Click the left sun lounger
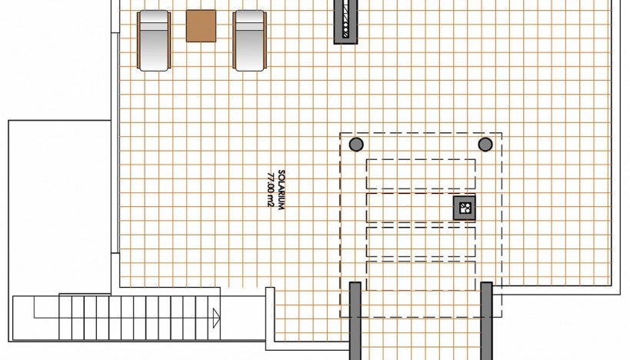click(154, 41)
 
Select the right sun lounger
click(249, 41)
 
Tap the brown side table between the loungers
click(201, 25)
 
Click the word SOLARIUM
click(282, 190)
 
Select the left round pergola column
click(356, 144)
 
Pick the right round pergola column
click(485, 144)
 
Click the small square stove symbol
click(465, 208)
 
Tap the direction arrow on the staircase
click(217, 318)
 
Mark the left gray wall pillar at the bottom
click(355, 321)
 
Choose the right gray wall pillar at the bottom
click(487, 321)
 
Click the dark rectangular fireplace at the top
click(345, 21)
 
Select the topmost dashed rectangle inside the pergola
click(421, 174)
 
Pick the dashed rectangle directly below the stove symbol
click(421, 242)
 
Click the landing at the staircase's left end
click(36, 318)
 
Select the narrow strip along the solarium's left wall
click(115, 142)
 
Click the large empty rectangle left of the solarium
click(59, 208)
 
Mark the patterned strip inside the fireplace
click(345, 19)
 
